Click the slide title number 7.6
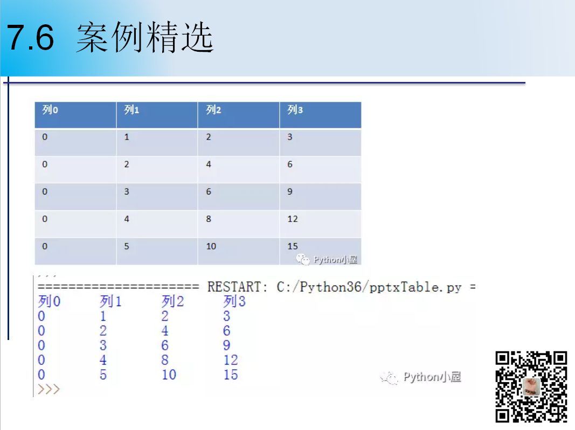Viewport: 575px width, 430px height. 30,37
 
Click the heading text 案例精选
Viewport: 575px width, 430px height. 145,37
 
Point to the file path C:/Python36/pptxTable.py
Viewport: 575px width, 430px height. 369,287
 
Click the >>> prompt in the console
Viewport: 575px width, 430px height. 49,389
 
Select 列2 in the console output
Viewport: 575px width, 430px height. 173,301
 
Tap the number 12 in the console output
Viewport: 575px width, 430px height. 231,360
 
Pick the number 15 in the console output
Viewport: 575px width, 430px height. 231,374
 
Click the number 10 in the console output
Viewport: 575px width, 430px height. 169,374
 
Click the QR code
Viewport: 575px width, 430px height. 531,387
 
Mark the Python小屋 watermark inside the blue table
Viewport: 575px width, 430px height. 327,260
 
